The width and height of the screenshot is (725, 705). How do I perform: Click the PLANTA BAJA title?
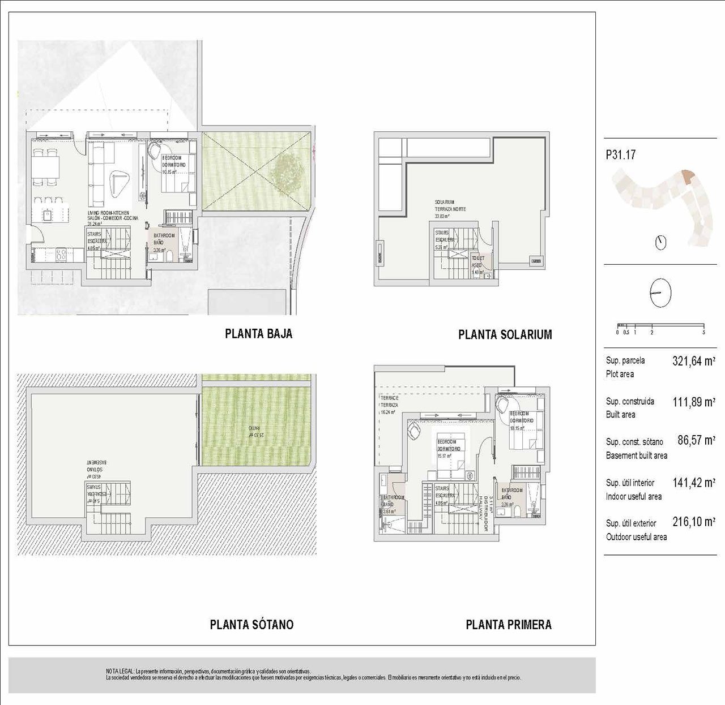[258, 334]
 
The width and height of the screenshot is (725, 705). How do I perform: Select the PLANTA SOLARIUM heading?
[505, 334]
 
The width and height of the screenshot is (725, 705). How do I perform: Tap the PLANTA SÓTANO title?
[251, 625]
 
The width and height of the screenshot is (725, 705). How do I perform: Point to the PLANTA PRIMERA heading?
[508, 625]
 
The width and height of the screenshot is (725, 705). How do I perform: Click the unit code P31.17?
[620, 154]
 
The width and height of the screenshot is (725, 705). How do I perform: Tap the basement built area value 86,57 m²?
[696, 440]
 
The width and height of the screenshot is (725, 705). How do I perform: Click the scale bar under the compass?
[660, 326]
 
